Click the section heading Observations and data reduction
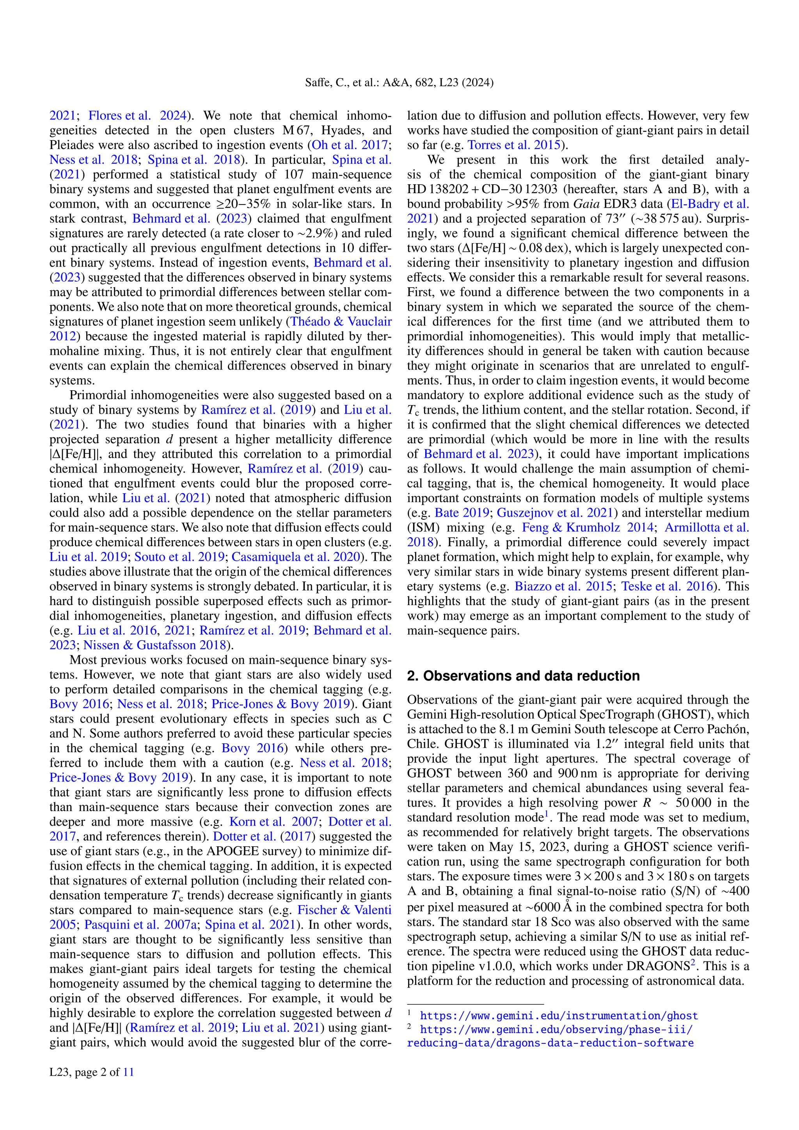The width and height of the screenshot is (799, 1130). (523, 676)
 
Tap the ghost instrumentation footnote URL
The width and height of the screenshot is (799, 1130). (558, 1016)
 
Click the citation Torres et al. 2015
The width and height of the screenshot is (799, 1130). (513, 145)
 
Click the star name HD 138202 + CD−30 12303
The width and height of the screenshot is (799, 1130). (482, 190)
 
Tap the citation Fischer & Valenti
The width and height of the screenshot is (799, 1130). (344, 910)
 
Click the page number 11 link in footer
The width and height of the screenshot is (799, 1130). (128, 1072)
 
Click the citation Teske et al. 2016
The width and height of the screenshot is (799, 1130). (667, 586)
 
